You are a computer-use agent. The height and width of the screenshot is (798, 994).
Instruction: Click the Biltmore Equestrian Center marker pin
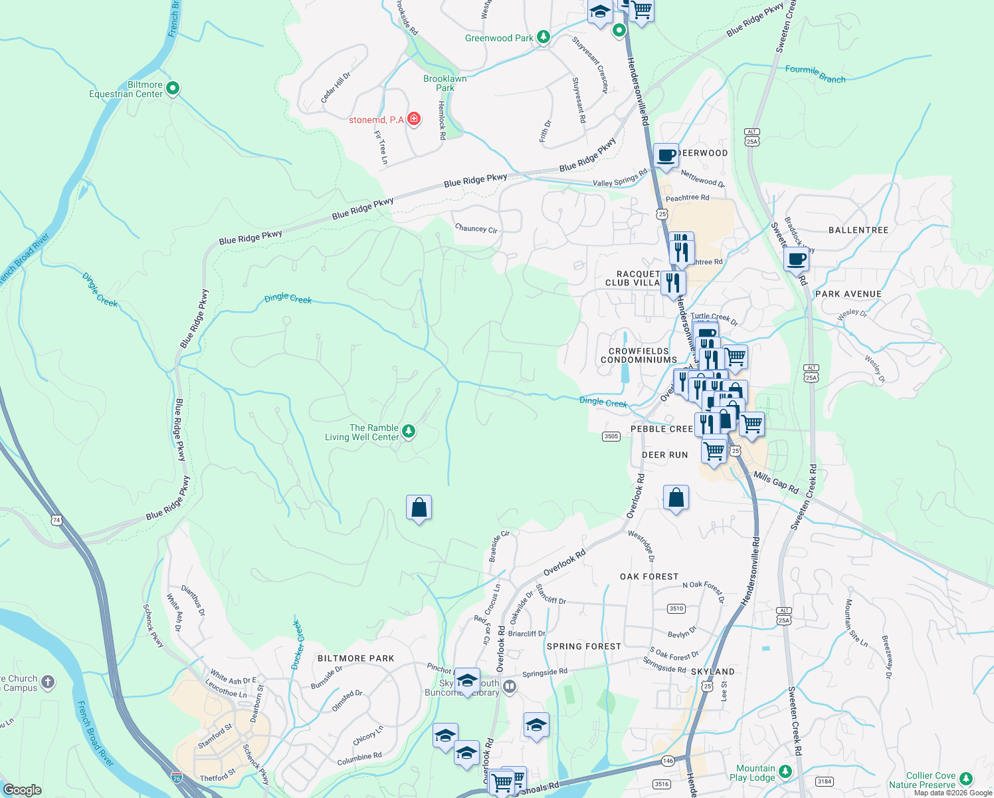pos(172,88)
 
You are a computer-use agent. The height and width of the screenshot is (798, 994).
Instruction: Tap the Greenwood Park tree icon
pos(544,37)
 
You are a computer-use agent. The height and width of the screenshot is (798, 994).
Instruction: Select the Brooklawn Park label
pos(445,83)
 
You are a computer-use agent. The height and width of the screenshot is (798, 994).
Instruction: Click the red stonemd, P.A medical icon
pos(414,119)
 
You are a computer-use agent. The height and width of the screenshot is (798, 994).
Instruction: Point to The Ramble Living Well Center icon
pos(409,432)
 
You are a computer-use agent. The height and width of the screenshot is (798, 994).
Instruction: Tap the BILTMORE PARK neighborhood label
pos(356,658)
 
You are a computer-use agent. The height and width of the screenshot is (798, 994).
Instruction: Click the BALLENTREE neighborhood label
pos(858,230)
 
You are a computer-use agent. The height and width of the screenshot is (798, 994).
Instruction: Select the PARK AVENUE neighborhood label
pos(848,294)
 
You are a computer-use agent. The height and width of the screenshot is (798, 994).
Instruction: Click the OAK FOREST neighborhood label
pos(649,577)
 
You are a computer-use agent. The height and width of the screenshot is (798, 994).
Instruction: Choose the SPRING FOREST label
pos(584,646)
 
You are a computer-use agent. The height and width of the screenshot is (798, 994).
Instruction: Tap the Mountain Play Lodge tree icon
pos(785,771)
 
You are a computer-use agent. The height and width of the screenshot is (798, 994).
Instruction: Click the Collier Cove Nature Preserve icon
pos(966,779)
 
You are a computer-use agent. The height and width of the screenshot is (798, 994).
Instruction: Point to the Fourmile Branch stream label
pos(815,73)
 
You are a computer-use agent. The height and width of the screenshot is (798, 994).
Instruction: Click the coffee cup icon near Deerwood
pos(666,156)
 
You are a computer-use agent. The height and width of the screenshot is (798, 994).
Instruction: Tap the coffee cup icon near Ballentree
pos(796,259)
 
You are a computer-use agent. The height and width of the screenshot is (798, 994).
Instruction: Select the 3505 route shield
pos(611,436)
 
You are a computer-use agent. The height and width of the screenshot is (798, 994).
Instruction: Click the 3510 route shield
pos(676,608)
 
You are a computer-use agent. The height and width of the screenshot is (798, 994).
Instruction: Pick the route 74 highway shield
pos(56,520)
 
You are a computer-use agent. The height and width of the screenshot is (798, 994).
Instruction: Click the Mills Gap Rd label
pos(776,482)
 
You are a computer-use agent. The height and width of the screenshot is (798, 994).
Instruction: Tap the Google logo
pos(22,789)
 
